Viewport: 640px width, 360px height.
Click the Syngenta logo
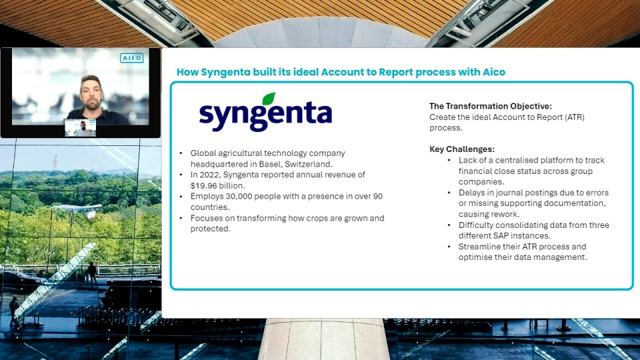tap(265, 112)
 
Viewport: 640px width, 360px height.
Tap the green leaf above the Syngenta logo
tap(269, 99)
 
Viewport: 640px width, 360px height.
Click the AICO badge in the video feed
tap(131, 58)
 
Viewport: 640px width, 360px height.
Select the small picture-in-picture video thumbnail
tap(81, 128)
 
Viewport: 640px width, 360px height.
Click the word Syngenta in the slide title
tap(225, 72)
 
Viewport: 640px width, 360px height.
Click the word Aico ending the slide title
tap(494, 72)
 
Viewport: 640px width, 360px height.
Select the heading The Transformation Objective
tap(490, 106)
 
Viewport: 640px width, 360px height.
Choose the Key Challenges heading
tap(461, 149)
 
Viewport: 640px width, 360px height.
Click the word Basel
tap(270, 164)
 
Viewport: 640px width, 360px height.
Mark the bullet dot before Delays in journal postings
tap(449, 193)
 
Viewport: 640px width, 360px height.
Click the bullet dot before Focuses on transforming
tap(181, 219)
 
